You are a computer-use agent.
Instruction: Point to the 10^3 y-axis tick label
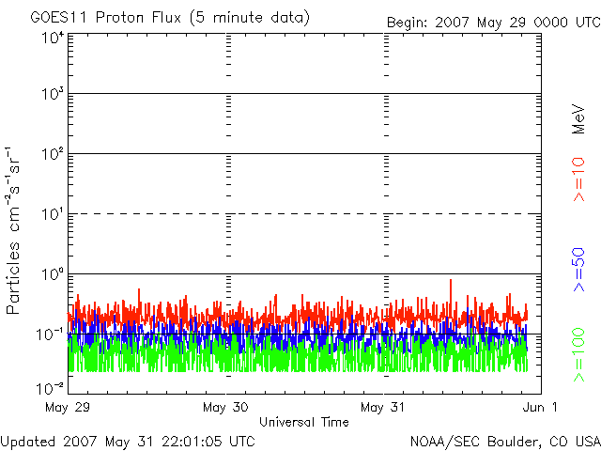click(x=52, y=95)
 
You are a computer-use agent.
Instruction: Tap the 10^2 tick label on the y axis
click(x=52, y=154)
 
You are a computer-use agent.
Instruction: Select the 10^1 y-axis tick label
click(x=52, y=214)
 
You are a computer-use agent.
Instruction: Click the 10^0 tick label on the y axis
click(x=52, y=274)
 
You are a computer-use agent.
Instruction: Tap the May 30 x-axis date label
click(x=225, y=408)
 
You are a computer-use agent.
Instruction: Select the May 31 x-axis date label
click(x=383, y=408)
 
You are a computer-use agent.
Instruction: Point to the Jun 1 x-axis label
click(x=541, y=408)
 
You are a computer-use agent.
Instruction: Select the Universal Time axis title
click(x=304, y=423)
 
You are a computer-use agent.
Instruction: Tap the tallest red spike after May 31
click(x=451, y=281)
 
